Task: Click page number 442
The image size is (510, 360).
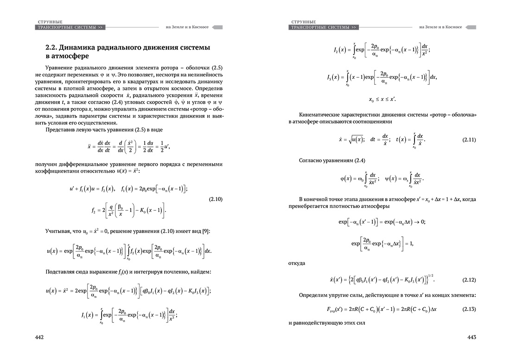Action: tap(39, 337)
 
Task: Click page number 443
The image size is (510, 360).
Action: tap(472, 337)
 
